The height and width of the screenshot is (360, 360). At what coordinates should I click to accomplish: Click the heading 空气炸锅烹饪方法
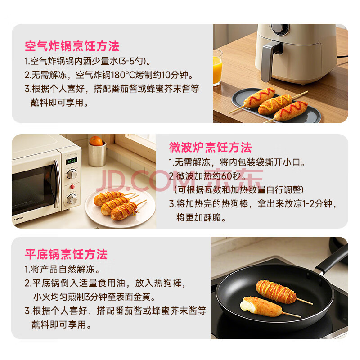[x=72, y=46]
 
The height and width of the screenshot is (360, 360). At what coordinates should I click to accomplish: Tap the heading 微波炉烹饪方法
[x=210, y=147]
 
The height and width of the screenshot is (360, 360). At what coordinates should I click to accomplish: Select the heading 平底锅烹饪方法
[x=66, y=254]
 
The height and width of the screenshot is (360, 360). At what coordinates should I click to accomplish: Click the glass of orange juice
[x=217, y=68]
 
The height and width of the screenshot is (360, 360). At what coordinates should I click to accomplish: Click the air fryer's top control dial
[x=279, y=29]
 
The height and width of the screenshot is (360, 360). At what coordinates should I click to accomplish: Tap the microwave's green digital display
[x=72, y=161]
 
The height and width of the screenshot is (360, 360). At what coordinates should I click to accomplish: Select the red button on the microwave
[x=72, y=187]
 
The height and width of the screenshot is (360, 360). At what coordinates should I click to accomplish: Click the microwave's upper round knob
[x=72, y=174]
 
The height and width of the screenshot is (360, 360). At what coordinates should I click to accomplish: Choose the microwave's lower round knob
[x=72, y=199]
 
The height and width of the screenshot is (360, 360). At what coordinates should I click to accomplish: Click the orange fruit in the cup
[x=96, y=141]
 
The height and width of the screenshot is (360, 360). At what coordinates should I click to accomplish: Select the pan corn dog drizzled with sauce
[x=276, y=291]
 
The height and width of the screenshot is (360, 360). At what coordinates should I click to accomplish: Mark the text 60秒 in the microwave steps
[x=231, y=176]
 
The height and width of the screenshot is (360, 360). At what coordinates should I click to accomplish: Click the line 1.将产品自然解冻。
[x=62, y=269]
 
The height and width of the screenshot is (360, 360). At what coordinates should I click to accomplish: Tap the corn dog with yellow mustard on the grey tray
[x=275, y=104]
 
